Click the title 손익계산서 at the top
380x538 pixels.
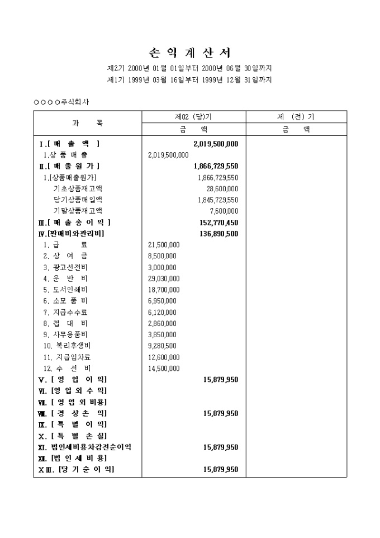pyautogui.click(x=190, y=53)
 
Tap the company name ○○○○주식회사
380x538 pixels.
pyautogui.click(x=61, y=102)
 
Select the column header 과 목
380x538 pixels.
pyautogui.click(x=87, y=123)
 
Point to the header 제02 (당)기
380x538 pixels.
pyautogui.click(x=193, y=117)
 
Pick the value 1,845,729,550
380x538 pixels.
pyautogui.click(x=218, y=200)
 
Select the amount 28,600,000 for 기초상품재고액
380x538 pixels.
pyautogui.click(x=222, y=188)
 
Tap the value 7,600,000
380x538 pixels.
pyautogui.click(x=224, y=211)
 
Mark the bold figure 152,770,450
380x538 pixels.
pyautogui.click(x=216, y=222)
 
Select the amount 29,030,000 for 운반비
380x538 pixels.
pyautogui.click(x=164, y=279)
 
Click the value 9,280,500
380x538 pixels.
pyautogui.click(x=163, y=346)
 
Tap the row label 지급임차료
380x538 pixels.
pyautogui.click(x=70, y=357)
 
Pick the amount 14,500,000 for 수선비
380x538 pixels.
pyautogui.click(x=164, y=368)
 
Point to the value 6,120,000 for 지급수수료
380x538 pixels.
pyautogui.click(x=163, y=312)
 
